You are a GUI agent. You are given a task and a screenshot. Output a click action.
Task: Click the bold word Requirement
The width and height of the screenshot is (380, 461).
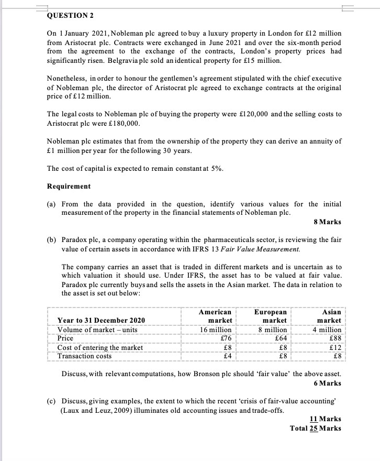[x=69, y=186]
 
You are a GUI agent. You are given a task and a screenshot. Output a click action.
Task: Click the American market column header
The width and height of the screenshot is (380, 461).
[x=216, y=316]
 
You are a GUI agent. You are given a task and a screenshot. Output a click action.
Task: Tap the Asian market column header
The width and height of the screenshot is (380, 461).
[x=329, y=316]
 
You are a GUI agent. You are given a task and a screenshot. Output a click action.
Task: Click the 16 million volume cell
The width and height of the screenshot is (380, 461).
[x=216, y=330]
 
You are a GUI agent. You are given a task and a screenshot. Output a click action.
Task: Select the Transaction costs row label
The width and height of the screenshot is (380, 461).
[x=84, y=356]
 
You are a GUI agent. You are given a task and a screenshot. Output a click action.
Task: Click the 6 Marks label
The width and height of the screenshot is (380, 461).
[x=328, y=383]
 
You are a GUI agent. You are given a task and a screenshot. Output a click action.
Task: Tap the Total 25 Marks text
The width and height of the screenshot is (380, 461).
[x=316, y=428]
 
